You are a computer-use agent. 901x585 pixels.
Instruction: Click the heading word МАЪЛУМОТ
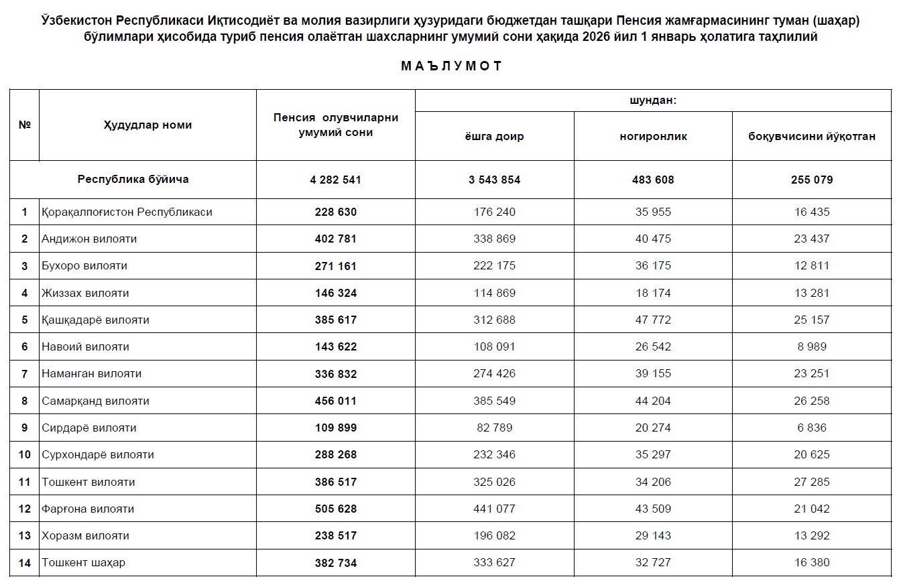(451, 66)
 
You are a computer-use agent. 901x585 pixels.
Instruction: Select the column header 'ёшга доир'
(494, 137)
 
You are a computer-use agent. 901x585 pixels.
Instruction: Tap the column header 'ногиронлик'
(653, 137)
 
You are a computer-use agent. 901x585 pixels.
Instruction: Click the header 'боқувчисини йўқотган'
(811, 137)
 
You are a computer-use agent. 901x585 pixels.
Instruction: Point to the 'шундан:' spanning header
(652, 101)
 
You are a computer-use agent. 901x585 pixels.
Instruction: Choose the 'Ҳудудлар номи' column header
(147, 125)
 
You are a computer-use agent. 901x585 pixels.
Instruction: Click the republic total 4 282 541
(336, 180)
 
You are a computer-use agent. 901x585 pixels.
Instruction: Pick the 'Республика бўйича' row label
(133, 179)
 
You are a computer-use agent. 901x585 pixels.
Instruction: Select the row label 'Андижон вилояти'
(89, 239)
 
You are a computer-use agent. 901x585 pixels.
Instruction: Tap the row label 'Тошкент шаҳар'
(83, 562)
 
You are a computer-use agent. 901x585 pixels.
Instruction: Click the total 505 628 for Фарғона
(336, 509)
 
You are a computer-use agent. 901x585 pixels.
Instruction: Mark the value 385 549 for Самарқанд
(494, 401)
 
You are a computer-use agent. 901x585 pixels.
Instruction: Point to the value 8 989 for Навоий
(811, 346)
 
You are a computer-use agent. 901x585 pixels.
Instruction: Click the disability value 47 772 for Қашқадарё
(652, 320)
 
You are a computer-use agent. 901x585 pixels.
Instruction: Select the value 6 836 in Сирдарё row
(811, 428)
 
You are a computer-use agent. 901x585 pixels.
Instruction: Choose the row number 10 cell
(25, 454)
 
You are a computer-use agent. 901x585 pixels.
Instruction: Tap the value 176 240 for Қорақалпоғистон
(494, 212)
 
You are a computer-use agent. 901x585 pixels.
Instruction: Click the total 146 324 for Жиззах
(336, 293)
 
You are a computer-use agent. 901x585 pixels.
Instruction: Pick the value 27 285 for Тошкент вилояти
(811, 482)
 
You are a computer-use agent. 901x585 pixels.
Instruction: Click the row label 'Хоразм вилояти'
(85, 535)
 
